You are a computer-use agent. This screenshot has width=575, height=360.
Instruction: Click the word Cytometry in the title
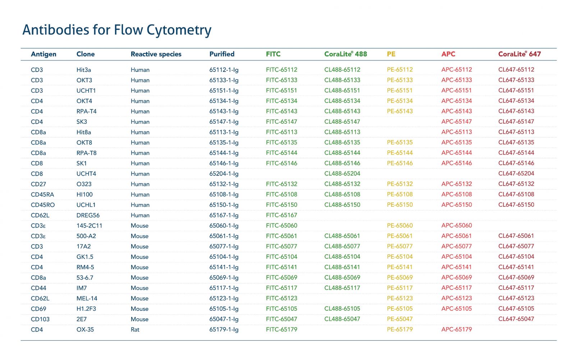[x=179, y=30]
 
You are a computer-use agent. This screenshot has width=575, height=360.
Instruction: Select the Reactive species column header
[x=156, y=54]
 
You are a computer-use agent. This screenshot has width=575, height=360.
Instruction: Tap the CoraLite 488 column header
[x=345, y=54]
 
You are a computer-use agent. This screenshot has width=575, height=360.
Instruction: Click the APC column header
[x=448, y=54]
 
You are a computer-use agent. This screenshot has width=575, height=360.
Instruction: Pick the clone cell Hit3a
[x=84, y=70]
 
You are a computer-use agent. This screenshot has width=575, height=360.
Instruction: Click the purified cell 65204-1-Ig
[x=224, y=174]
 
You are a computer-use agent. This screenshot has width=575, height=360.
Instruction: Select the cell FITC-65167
[x=282, y=215]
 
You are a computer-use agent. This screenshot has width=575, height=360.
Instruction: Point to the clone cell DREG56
[x=88, y=215]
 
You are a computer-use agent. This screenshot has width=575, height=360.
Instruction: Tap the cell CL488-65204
[x=342, y=173]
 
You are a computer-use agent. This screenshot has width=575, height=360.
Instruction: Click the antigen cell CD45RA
[x=42, y=195]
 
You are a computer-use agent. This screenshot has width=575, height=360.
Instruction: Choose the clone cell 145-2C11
[x=89, y=225]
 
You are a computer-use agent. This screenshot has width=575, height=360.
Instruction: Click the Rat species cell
[x=135, y=329]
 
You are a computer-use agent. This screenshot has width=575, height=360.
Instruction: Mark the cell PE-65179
[x=400, y=329]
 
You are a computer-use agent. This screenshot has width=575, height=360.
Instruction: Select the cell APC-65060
[x=457, y=225]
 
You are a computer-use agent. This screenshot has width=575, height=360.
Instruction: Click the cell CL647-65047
[x=516, y=319]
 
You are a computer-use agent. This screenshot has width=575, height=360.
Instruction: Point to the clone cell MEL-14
[x=87, y=299]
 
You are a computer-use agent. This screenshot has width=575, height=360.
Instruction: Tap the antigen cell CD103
[x=40, y=319]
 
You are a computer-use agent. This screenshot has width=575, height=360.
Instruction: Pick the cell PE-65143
[x=400, y=111]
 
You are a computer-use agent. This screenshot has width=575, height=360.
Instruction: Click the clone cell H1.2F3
[x=86, y=309]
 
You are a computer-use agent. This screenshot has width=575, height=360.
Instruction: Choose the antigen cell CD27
[x=38, y=184]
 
